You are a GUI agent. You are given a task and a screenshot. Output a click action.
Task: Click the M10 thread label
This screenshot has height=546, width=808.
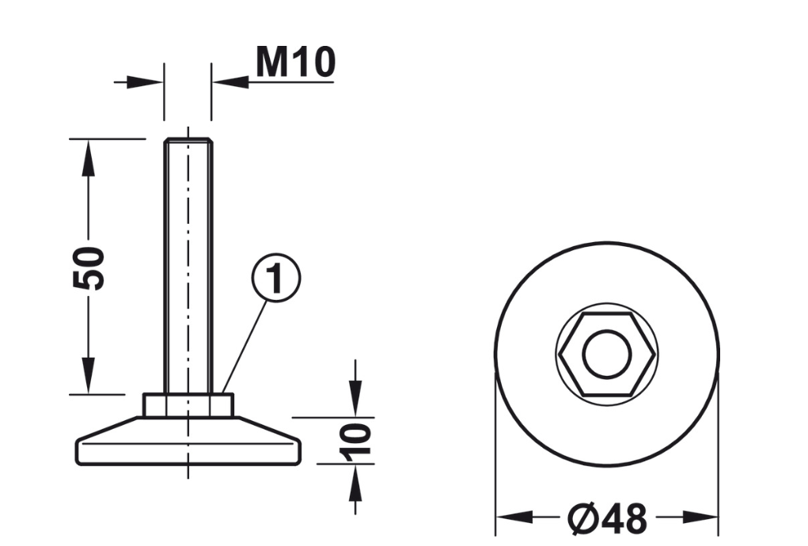click(295, 63)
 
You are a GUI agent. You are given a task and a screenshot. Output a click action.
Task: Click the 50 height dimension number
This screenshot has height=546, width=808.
click(89, 268)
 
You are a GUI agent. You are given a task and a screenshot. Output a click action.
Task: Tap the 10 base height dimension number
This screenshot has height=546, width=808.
click(355, 442)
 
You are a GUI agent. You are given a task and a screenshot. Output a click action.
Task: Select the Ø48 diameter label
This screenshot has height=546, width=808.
click(607, 518)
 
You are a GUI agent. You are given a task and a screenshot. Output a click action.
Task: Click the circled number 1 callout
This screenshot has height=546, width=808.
click(275, 278)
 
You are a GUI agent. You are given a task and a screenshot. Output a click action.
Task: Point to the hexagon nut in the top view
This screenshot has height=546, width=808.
click(608, 354)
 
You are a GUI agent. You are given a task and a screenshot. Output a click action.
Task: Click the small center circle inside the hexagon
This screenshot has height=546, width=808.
click(607, 354)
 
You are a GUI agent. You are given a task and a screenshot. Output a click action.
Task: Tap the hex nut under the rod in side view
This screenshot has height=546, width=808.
click(188, 405)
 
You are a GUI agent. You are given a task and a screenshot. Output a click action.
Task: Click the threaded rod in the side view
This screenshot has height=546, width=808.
click(188, 266)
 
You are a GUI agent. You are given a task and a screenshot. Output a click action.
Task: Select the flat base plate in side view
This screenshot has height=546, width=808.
click(188, 442)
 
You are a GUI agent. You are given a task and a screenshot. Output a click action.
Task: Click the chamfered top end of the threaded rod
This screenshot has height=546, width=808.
click(188, 140)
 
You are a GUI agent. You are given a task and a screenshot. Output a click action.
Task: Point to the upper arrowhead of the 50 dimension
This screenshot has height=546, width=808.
click(89, 157)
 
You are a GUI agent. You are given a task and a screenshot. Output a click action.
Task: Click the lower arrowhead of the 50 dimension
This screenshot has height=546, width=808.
click(89, 376)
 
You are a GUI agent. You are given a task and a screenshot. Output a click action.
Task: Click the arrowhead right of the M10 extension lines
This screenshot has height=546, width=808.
click(230, 82)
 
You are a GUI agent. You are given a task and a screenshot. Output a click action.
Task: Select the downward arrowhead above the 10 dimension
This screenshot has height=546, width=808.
click(355, 398)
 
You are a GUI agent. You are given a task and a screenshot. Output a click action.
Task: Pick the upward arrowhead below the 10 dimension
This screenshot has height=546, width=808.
click(355, 483)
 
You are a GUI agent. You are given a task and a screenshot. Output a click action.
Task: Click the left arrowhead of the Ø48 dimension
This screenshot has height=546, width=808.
click(514, 517)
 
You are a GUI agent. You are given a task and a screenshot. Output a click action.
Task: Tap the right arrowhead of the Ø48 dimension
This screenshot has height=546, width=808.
click(700, 517)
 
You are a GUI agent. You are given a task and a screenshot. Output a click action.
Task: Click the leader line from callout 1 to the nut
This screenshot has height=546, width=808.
click(245, 347)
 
